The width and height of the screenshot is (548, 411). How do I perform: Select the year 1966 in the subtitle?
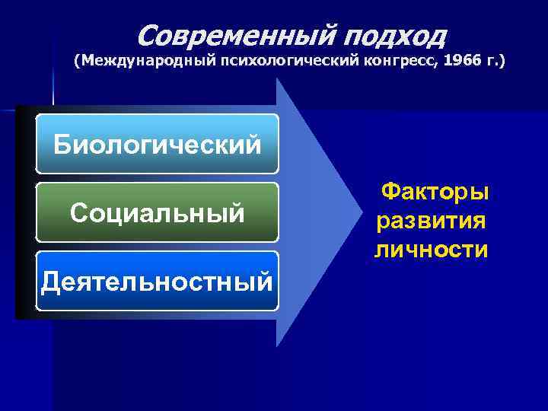point(454,59)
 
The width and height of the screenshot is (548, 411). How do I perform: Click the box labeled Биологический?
point(157,144)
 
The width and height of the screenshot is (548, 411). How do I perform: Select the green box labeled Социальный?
point(157,212)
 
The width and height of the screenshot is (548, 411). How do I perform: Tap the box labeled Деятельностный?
point(157,281)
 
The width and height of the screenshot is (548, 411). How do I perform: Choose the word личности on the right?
point(430,249)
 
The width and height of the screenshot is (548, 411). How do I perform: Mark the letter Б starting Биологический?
point(62,144)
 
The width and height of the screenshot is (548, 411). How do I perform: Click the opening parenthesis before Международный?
point(76,59)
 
